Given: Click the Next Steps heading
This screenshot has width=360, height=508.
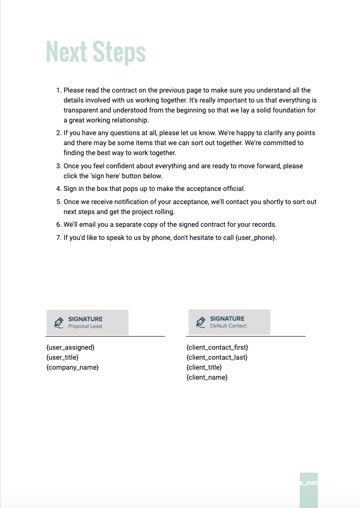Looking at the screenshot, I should coord(96,51).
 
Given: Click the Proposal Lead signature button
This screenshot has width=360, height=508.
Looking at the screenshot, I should coord(88,322).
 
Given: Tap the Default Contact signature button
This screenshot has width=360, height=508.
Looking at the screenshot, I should coord(229,322).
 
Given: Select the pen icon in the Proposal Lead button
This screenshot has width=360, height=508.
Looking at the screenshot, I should coord(58,322).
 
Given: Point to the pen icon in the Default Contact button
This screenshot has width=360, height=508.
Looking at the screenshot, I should coord(200,322).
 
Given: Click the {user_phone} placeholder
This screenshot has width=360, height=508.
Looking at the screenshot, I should coord(255,238).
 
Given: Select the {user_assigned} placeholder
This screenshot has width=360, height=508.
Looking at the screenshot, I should coord(70,347).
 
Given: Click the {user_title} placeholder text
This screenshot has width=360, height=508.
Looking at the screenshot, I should coord(63,357).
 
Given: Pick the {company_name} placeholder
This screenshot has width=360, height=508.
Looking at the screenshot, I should coord(73,367).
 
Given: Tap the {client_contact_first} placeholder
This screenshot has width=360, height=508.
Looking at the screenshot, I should coord(217,347).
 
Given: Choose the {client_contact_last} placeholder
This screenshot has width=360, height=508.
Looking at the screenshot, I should coord(217,357).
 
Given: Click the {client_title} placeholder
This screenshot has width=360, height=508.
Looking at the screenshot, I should coord(204,367).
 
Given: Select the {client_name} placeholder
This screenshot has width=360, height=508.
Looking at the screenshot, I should coord(207,377).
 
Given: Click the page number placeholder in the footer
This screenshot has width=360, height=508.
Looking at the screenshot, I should coord(308,483).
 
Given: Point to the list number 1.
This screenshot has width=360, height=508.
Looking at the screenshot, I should coord(58,90).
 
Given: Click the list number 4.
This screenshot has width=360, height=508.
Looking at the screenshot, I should coord(58,189).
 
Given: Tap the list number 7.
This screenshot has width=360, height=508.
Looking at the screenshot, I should coord(58,238).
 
